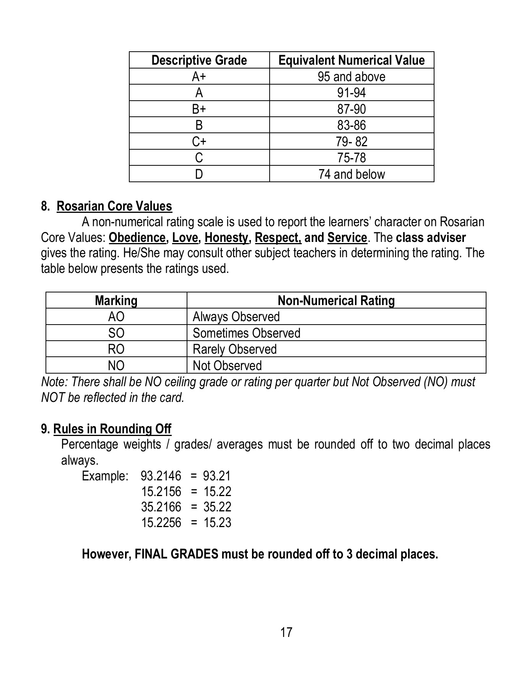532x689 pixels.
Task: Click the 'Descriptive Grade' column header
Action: coord(199,60)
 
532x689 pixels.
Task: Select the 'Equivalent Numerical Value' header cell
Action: coord(351,60)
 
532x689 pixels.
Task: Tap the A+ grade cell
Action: coord(199,77)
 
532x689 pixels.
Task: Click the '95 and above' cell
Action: coord(351,77)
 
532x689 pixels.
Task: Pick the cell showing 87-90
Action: coord(351,109)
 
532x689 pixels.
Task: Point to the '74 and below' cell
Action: coord(351,174)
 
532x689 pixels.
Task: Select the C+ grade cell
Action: coord(199,142)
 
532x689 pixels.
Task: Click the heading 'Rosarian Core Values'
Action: coord(114,206)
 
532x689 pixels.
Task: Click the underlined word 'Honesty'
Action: coord(226,238)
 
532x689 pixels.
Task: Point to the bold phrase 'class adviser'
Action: coord(431,238)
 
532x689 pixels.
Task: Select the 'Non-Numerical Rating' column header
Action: coord(336,300)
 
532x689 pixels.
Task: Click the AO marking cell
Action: coord(116,317)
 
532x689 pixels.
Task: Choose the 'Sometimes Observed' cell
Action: coord(246,333)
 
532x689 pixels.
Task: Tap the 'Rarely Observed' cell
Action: coord(234,349)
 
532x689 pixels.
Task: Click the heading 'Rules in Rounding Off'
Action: coord(112,429)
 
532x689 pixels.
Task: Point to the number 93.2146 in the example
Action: coord(161,476)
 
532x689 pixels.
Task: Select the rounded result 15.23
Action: coord(217,523)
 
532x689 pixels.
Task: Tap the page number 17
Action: coord(286,632)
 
